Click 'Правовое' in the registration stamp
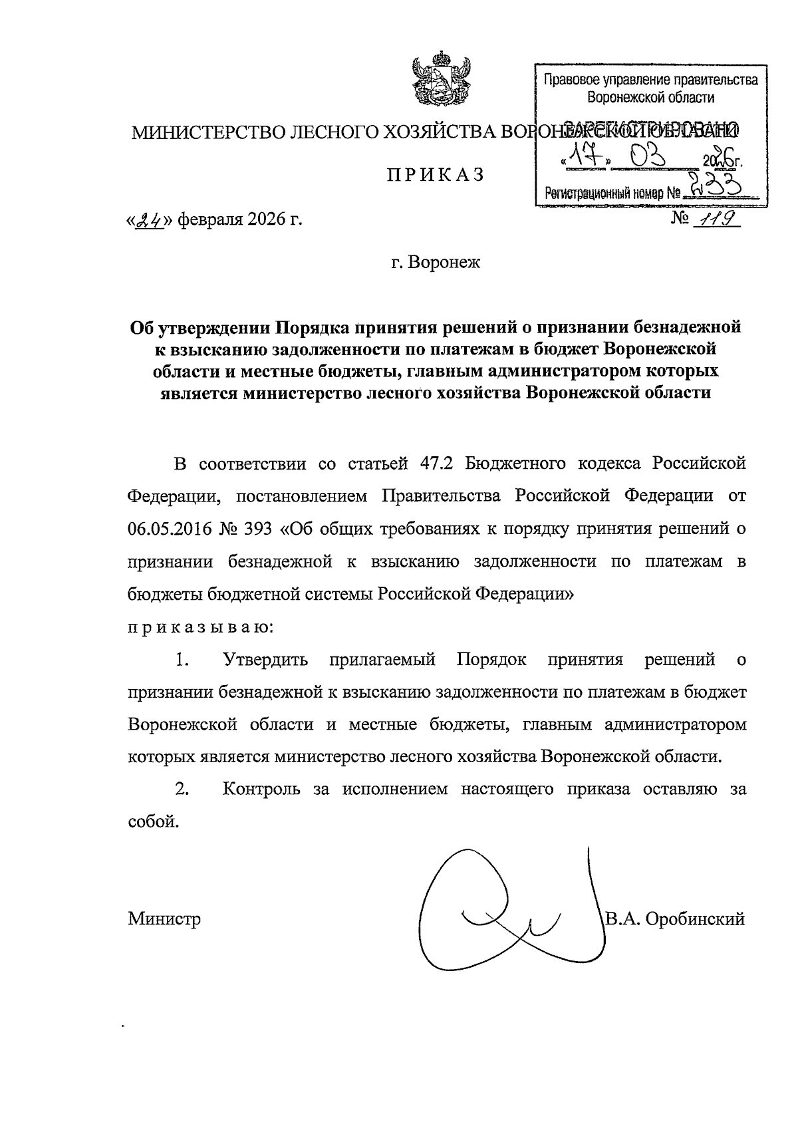(x=565, y=81)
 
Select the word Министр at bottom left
(x=164, y=920)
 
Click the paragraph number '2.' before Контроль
(x=182, y=789)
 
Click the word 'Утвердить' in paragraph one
(x=266, y=660)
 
